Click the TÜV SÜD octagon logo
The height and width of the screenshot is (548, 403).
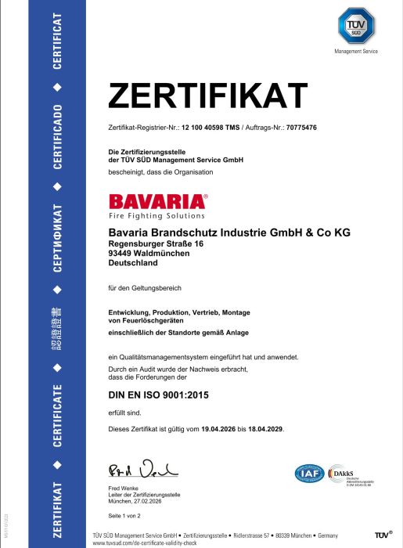click(x=355, y=24)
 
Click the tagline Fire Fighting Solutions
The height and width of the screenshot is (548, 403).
click(x=157, y=215)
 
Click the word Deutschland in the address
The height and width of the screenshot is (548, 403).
click(x=133, y=263)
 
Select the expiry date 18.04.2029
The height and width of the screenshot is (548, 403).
click(x=264, y=429)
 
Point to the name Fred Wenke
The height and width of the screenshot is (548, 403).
click(x=124, y=489)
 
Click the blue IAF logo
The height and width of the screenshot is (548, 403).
click(x=308, y=474)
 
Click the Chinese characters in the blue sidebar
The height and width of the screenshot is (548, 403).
click(x=57, y=326)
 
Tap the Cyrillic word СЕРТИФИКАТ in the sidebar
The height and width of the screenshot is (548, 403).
click(x=57, y=237)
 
